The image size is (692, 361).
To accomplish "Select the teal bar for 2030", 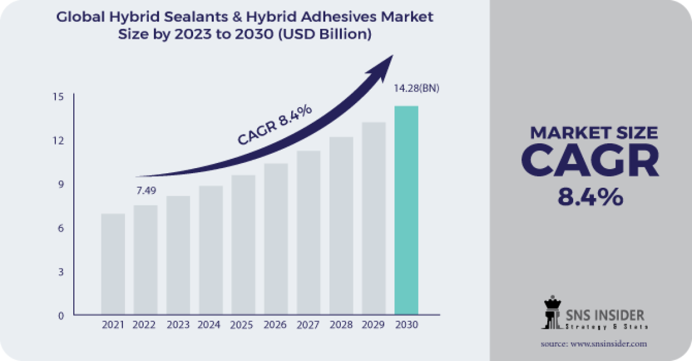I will [406, 211].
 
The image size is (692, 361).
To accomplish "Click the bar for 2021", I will [113, 264].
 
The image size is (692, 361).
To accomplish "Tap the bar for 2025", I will [243, 245].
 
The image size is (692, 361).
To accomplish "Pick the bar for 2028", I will [341, 226].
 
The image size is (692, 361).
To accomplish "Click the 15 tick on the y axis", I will [59, 96].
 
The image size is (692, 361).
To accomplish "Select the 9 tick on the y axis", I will [60, 184].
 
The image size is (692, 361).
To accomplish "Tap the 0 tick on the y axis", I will [60, 316].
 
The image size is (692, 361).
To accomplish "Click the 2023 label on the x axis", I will [178, 325].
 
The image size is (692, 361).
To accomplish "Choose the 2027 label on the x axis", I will [309, 325].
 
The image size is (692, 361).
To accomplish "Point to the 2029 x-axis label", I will [374, 325].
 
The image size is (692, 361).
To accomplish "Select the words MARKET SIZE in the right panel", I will [593, 133].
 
